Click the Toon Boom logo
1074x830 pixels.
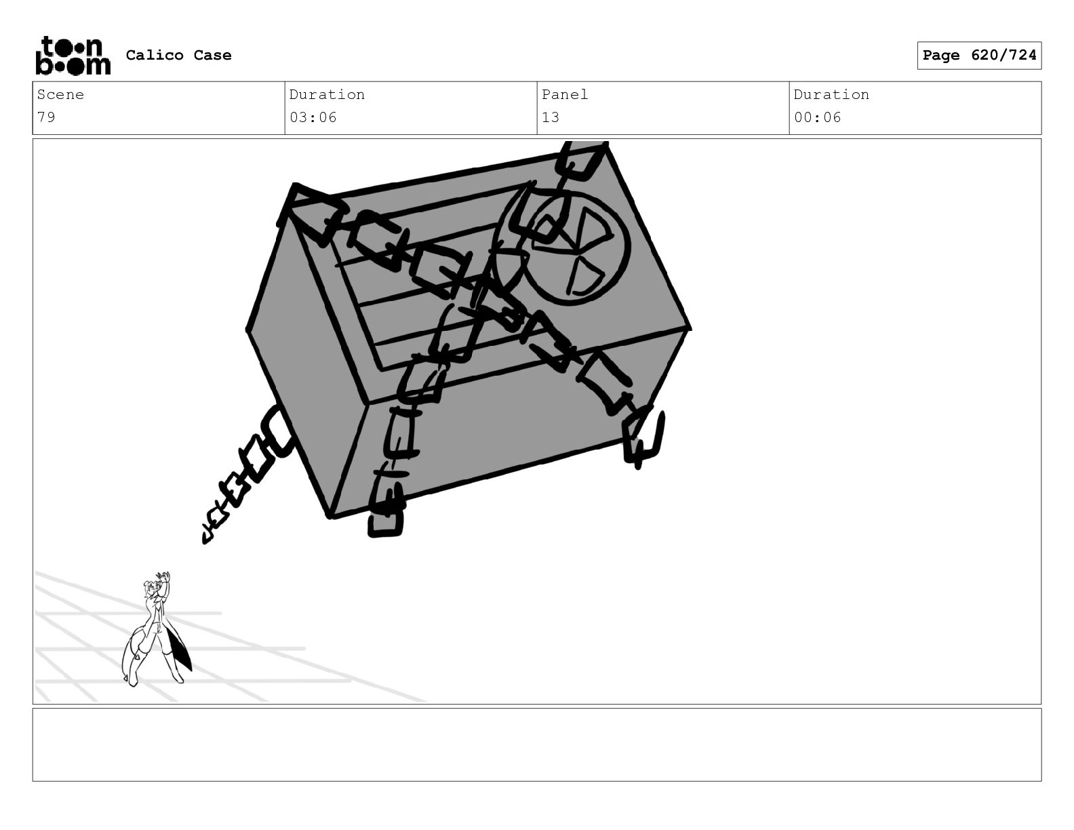[73, 56]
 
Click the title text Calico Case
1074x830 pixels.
[178, 55]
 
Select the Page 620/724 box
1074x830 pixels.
[979, 56]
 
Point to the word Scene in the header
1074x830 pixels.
[60, 94]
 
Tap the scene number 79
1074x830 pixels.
[46, 117]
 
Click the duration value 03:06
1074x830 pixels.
[313, 117]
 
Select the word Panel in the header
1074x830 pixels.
[565, 94]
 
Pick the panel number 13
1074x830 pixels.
[551, 117]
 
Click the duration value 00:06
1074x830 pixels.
[818, 117]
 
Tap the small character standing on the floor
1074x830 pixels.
[156, 629]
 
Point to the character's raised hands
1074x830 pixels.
[163, 578]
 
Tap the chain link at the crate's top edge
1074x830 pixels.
[581, 161]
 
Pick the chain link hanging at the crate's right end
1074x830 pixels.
[643, 437]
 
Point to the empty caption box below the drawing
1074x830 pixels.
[537, 745]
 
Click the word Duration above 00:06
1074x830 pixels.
[831, 94]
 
